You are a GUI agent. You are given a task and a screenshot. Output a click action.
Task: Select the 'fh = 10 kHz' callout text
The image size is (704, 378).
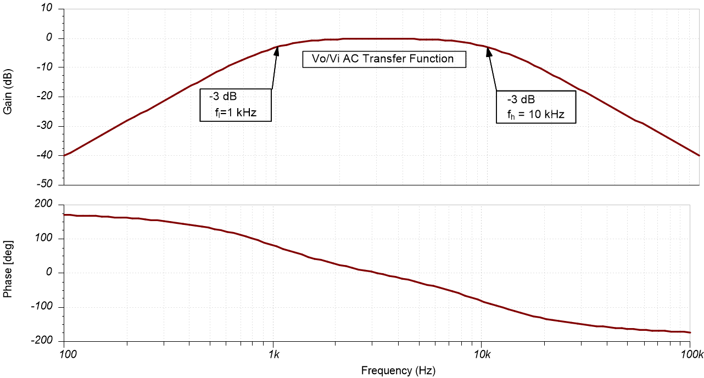[536, 115]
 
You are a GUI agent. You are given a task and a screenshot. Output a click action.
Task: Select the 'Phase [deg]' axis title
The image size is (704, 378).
[8, 273]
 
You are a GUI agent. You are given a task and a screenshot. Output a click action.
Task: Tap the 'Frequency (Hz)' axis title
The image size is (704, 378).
[398, 371]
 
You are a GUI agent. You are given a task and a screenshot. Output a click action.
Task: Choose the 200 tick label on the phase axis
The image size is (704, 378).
[44, 205]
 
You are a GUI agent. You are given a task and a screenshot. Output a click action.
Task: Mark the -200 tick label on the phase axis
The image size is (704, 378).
[42, 341]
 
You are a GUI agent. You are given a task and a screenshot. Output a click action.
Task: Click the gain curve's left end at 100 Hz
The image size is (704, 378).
[65, 155]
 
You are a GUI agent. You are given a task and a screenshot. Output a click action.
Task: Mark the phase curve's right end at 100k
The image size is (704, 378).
[689, 332]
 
